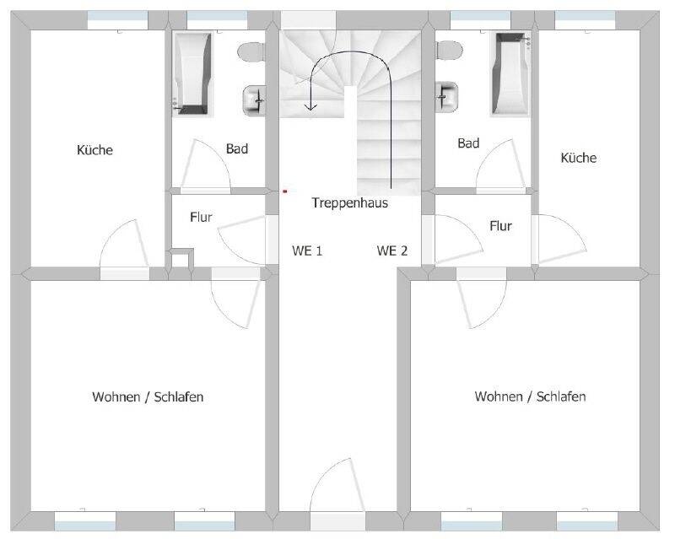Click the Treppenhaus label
click(350, 202)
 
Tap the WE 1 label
click(307, 251)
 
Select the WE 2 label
click(391, 251)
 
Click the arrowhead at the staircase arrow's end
click(310, 107)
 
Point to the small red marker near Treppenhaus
click(284, 191)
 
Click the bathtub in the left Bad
click(192, 73)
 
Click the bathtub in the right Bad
click(510, 73)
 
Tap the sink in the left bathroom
click(254, 100)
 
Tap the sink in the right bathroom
click(446, 96)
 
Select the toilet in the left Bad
click(251, 52)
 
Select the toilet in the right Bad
click(449, 51)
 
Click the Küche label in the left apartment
click(94, 150)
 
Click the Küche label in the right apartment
click(579, 158)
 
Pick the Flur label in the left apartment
click(201, 217)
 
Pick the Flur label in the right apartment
click(500, 225)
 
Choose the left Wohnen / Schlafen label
click(148, 396)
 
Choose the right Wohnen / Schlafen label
click(530, 396)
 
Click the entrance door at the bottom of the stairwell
click(337, 495)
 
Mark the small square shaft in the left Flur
click(181, 258)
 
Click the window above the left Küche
click(117, 19)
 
